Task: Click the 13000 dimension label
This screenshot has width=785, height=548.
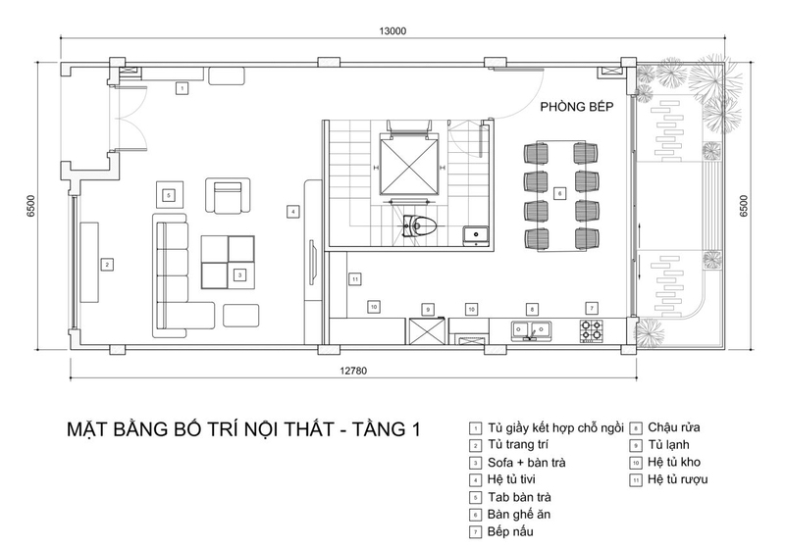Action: click(392, 31)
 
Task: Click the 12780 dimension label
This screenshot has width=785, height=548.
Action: click(353, 371)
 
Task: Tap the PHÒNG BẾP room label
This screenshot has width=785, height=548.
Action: click(577, 107)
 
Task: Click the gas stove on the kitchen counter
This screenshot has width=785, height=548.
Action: click(591, 330)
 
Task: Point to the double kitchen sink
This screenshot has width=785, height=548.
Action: click(531, 330)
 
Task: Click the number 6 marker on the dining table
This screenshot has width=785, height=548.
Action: click(559, 193)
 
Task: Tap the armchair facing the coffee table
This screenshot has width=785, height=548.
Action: click(228, 195)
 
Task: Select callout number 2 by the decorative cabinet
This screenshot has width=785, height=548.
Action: click(107, 265)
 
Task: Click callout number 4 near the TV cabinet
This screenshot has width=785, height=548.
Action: click(292, 212)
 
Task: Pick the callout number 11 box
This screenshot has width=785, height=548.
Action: click(355, 279)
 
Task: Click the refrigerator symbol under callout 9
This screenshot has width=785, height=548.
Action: click(427, 331)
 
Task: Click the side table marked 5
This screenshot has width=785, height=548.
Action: click(169, 195)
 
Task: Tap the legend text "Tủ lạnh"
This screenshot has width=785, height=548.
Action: click(668, 444)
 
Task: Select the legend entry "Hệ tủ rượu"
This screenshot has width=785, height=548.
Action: click(677, 479)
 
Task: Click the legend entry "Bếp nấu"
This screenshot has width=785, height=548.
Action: click(510, 531)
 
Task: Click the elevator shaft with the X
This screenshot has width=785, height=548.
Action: click(409, 164)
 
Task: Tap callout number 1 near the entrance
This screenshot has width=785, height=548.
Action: click(183, 88)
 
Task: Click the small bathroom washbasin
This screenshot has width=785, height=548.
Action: click(476, 234)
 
